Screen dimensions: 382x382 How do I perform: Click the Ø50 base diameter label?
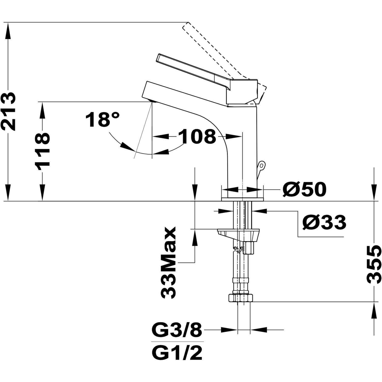point(304,189)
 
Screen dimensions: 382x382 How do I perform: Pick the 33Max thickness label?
point(168,263)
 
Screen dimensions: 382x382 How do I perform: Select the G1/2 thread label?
point(177,352)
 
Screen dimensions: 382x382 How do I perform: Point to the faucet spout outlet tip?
point(152,102)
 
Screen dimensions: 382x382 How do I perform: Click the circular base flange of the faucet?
point(242,199)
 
